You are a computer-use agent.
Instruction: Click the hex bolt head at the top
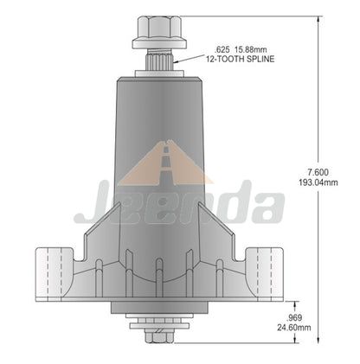[159, 28]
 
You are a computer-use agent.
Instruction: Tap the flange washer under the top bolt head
[159, 44]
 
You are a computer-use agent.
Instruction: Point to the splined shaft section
[159, 59]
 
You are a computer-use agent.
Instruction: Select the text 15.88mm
[250, 50]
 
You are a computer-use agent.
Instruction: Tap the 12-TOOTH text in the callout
[222, 59]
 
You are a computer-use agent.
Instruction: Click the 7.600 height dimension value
[318, 172]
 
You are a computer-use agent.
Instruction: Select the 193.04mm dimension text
[318, 182]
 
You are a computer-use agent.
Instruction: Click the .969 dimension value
[293, 318]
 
